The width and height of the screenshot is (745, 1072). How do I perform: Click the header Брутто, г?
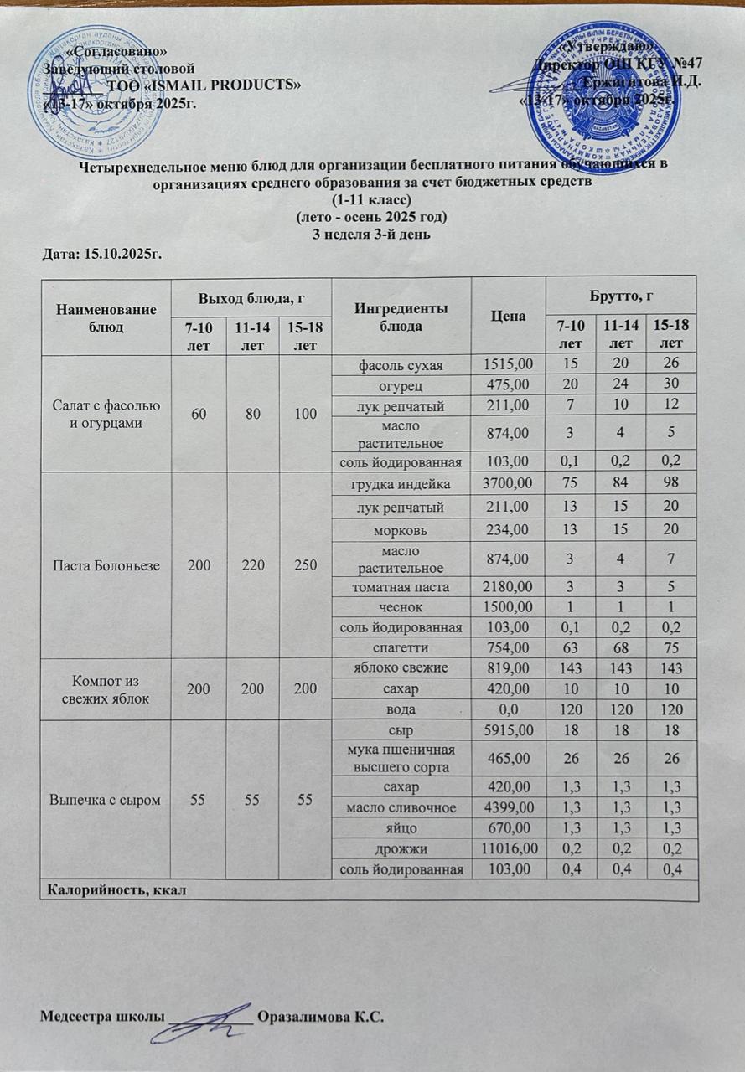pos(621,296)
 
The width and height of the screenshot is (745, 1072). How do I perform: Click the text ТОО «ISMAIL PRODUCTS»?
pos(204,85)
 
